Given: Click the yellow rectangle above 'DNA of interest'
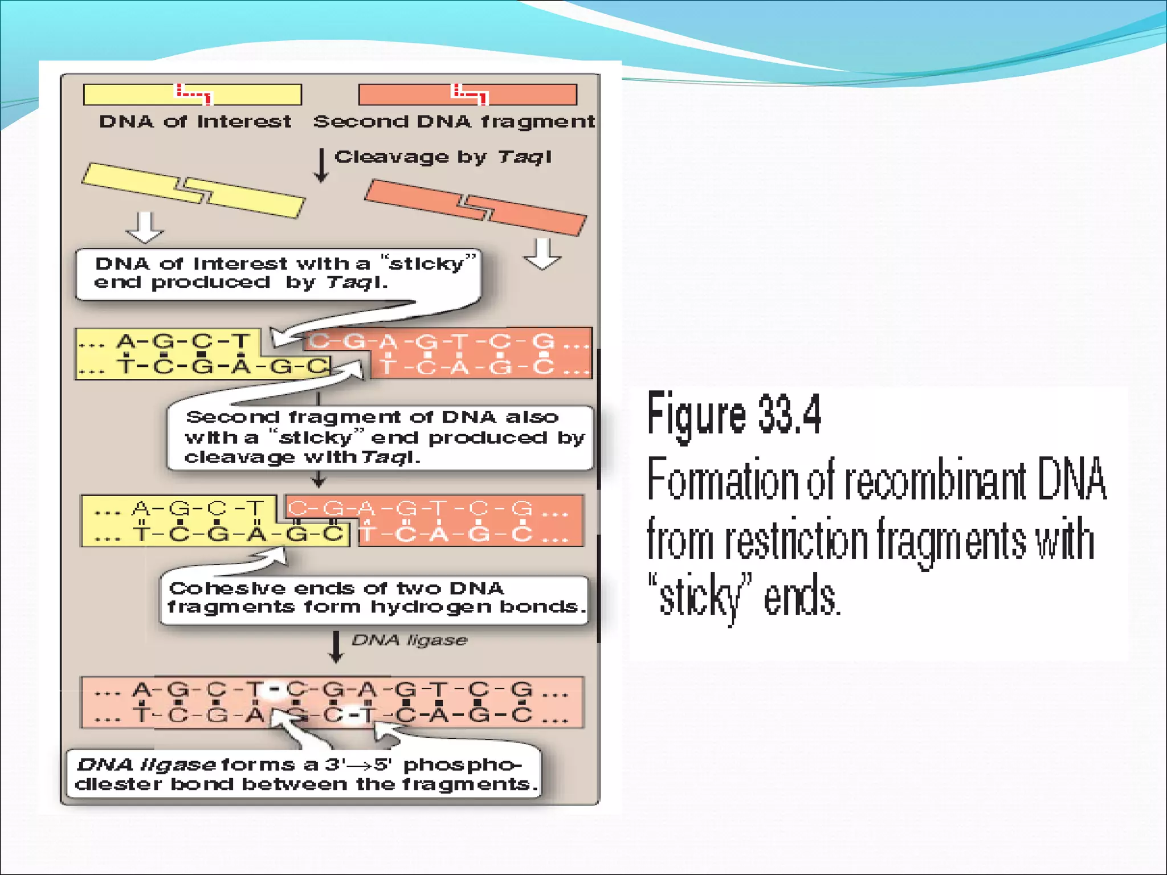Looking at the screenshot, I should tap(131, 95).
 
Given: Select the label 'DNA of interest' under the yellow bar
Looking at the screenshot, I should tap(195, 121).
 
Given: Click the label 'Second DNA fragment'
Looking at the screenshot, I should tap(454, 121).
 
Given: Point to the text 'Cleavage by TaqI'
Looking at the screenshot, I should tap(443, 157).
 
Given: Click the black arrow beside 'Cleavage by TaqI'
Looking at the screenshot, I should tap(321, 166).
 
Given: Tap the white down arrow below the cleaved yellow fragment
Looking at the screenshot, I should tap(145, 227).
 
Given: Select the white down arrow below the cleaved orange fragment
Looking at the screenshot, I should tap(542, 253).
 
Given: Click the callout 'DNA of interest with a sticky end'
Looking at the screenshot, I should tap(278, 274).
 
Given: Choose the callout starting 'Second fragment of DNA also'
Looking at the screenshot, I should tap(380, 437).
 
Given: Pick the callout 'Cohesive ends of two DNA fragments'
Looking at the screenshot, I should tap(374, 598).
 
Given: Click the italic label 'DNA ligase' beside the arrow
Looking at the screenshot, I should tap(409, 640).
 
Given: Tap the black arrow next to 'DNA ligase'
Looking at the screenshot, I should tap(336, 647).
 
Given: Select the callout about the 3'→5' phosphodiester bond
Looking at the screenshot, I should tap(303, 774).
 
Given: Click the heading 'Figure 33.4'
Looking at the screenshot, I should tap(733, 414).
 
